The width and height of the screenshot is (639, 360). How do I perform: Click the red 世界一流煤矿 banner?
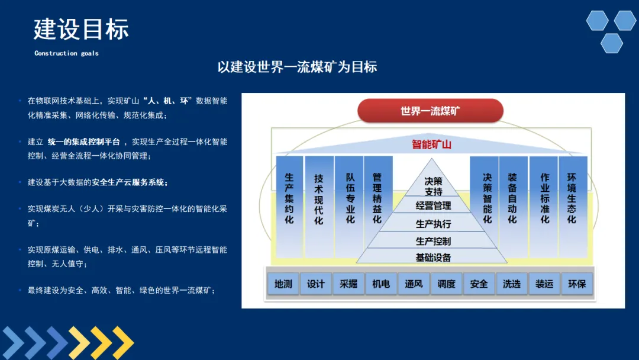click(x=430, y=111)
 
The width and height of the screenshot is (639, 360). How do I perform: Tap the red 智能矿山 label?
click(x=431, y=144)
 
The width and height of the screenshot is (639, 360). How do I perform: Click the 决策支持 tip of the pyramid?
click(x=433, y=187)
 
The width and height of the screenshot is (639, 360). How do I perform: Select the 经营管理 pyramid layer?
click(x=433, y=206)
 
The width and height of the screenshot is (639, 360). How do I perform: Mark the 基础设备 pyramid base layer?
click(x=433, y=258)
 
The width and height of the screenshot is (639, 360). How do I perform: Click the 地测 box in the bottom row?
click(x=283, y=284)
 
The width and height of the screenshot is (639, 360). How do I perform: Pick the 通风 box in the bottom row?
click(x=414, y=284)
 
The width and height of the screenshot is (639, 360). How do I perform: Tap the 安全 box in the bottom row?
click(x=479, y=284)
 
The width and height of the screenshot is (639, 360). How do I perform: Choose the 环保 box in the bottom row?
click(x=576, y=284)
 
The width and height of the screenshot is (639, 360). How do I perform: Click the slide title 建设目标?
click(x=81, y=29)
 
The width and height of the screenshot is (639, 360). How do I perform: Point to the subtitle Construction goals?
click(x=66, y=53)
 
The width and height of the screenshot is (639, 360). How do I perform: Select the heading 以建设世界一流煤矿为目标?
click(x=297, y=67)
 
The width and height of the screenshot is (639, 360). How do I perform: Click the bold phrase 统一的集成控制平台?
click(x=84, y=142)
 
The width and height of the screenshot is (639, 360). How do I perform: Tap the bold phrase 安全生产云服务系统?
click(x=130, y=182)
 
